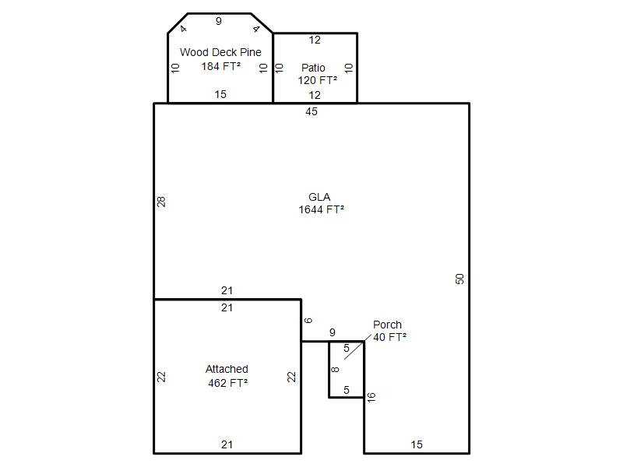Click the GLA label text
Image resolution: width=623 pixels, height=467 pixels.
(x=319, y=197)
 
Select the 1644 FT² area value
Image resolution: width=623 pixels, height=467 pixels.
(x=321, y=209)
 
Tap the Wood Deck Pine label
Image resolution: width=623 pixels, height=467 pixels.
(x=220, y=52)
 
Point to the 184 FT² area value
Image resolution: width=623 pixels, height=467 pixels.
(x=221, y=66)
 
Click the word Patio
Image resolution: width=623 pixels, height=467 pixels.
(x=313, y=68)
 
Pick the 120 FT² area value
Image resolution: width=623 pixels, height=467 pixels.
(x=318, y=80)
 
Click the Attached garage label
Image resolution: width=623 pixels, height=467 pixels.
(x=227, y=369)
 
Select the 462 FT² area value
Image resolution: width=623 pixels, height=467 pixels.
(x=227, y=383)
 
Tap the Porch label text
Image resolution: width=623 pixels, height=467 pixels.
(x=387, y=325)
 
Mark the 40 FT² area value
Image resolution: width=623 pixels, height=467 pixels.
(x=389, y=337)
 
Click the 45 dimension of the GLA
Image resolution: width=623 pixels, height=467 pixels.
(x=311, y=111)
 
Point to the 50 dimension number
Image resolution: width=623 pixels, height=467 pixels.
(x=459, y=279)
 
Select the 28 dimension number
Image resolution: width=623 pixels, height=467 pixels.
(x=161, y=202)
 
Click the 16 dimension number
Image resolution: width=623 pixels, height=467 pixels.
(x=371, y=397)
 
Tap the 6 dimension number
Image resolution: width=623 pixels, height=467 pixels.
(x=308, y=321)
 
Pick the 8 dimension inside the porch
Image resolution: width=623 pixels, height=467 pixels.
(x=336, y=370)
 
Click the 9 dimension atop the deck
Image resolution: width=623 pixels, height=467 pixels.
(x=219, y=21)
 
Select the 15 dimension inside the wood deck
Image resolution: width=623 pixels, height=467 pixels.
(x=220, y=94)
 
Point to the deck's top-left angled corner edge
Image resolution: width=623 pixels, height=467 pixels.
(x=178, y=23)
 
